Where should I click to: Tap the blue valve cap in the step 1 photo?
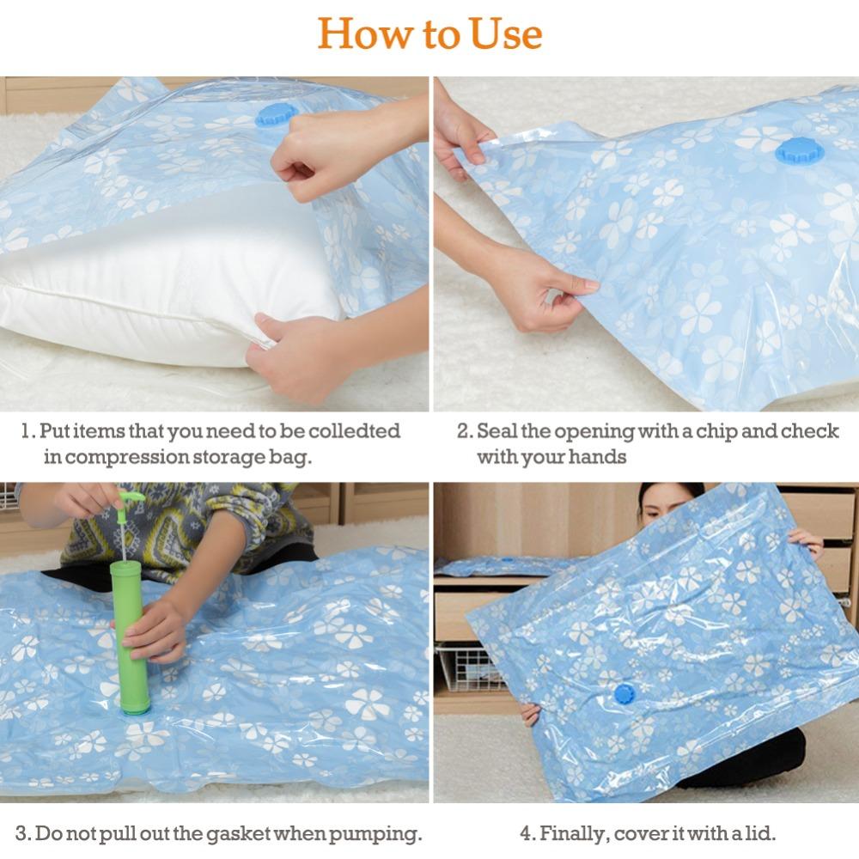click(276, 115)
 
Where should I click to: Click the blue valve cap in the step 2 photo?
click(799, 151)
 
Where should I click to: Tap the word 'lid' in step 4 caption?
click(759, 833)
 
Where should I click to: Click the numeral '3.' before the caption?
click(23, 833)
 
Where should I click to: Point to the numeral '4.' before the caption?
click(527, 833)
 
